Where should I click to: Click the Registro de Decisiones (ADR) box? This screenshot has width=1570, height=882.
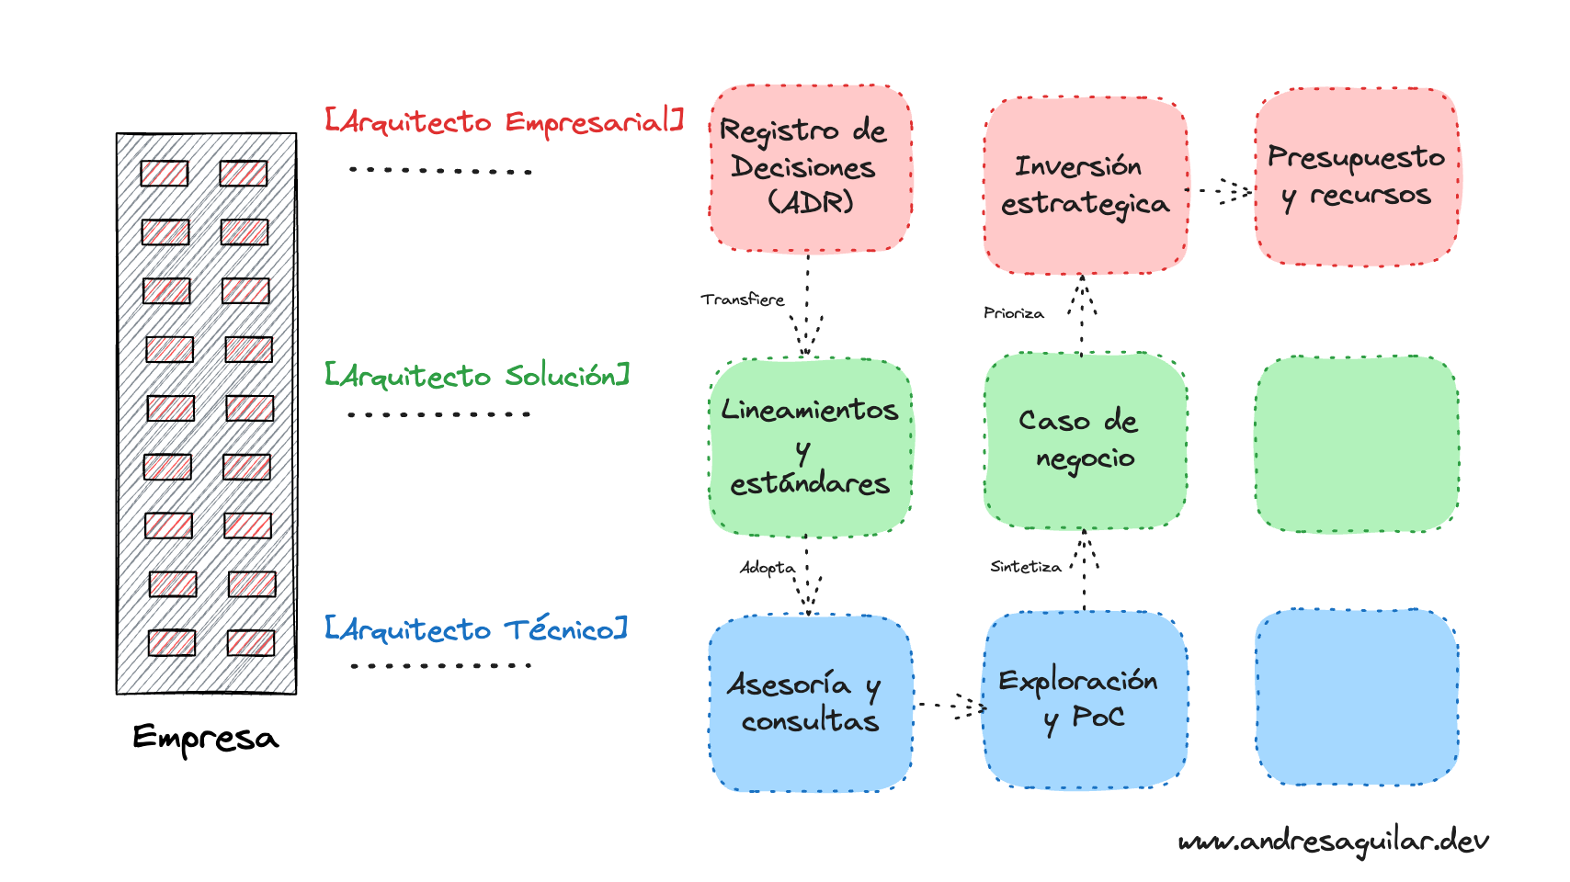[811, 168]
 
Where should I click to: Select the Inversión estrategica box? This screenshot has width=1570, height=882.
[1085, 185]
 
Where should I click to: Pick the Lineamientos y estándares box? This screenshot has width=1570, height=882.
[811, 447]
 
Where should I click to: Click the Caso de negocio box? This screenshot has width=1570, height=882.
[1085, 441]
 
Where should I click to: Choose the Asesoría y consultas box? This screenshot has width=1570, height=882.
[811, 704]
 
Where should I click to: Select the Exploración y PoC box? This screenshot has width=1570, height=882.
[1085, 700]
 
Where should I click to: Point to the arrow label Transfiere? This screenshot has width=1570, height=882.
[742, 300]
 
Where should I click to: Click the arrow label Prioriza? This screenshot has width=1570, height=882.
[1014, 313]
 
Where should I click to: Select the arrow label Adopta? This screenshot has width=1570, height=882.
[768, 568]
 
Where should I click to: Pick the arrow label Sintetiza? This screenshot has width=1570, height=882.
[1026, 567]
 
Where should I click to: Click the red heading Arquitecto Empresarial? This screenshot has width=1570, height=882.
[505, 121]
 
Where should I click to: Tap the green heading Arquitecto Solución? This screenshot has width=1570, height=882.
[477, 376]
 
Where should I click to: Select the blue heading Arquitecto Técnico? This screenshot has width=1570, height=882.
[476, 629]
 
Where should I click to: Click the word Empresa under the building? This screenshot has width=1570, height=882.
[205, 739]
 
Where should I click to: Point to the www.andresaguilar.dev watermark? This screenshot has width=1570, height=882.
[1333, 842]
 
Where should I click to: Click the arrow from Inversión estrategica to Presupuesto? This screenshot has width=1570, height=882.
[1220, 190]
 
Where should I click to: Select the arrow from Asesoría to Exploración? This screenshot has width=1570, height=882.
[951, 707]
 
